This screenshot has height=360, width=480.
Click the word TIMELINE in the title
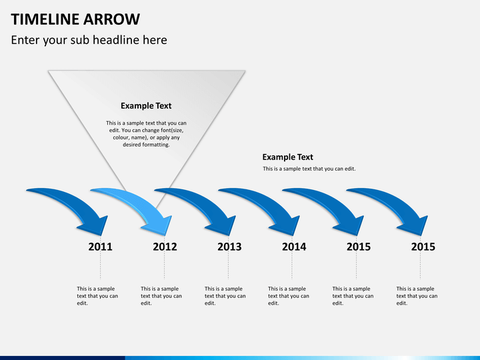[x=45, y=19]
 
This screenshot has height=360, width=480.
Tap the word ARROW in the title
[x=112, y=19]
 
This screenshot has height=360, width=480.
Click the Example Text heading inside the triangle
[x=146, y=105]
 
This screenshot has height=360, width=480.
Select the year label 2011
[x=100, y=247]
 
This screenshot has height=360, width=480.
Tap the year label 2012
[x=165, y=247]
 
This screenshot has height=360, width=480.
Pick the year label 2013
[x=229, y=247]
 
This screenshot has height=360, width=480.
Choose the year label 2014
[x=294, y=247]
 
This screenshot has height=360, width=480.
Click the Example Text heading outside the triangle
[x=287, y=157]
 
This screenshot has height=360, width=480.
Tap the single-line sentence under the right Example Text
[x=309, y=169]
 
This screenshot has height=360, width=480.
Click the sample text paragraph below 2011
[x=97, y=296]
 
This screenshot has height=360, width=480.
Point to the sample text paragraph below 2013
[x=225, y=296]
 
